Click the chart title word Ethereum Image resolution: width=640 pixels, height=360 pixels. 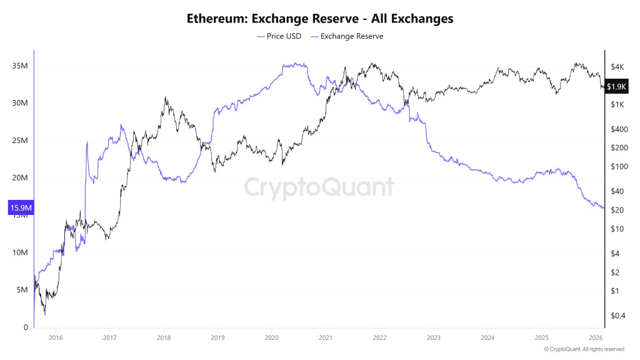click(x=216, y=19)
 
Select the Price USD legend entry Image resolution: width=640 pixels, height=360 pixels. click(x=279, y=36)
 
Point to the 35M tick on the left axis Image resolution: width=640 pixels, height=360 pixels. click(x=21, y=66)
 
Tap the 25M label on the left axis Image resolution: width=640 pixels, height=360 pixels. click(x=21, y=141)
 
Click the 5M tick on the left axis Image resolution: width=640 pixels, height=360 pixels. click(x=22, y=290)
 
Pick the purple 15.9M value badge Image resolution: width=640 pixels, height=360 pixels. click(x=20, y=207)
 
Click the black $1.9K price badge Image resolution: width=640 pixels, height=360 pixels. click(x=617, y=87)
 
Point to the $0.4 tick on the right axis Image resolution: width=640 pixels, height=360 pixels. click(x=617, y=316)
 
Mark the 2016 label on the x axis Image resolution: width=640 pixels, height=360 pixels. click(x=55, y=337)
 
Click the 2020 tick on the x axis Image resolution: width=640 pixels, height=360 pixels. click(x=271, y=337)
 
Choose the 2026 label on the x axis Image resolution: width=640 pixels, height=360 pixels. click(x=596, y=337)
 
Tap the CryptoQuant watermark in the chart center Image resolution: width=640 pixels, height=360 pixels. click(x=319, y=187)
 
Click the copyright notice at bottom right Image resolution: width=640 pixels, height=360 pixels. click(x=584, y=349)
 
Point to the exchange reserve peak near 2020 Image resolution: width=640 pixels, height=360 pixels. click(x=294, y=64)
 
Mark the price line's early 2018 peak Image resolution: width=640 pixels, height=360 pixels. click(x=165, y=97)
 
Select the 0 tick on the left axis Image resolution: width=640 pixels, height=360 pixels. click(x=25, y=327)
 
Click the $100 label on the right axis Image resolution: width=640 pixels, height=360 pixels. click(x=617, y=166)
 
